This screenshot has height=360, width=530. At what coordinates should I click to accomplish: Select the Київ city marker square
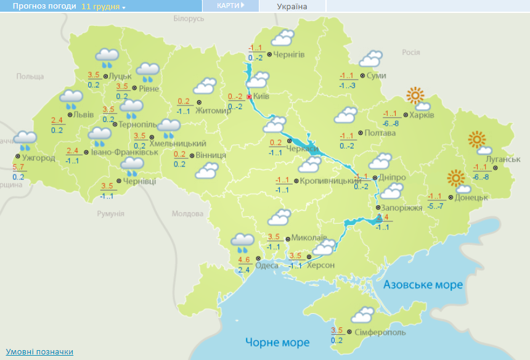click(248, 97)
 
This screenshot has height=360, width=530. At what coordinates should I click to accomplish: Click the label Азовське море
click(423, 285)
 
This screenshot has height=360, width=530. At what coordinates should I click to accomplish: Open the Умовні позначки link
click(40, 352)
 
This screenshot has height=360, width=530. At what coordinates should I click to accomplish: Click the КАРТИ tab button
click(230, 6)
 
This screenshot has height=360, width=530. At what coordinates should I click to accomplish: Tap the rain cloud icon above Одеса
click(242, 242)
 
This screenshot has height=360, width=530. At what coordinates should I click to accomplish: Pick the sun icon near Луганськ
click(477, 140)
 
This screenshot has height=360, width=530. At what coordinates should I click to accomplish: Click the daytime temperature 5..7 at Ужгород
click(18, 168)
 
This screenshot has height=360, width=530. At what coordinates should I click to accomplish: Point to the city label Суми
click(376, 76)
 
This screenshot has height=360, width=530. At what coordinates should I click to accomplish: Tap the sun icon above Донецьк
click(455, 178)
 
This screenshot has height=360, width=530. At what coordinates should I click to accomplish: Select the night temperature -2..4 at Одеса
click(243, 269)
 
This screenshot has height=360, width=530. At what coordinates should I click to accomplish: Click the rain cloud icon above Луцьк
click(108, 58)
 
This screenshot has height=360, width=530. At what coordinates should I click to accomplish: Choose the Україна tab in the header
click(292, 6)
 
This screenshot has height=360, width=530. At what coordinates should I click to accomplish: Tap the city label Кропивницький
click(325, 181)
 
